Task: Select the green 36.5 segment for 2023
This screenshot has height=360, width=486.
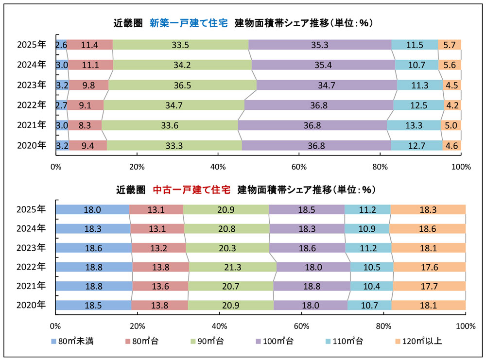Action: (x=182, y=85)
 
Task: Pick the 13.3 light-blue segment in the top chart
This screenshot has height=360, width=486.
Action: (x=414, y=125)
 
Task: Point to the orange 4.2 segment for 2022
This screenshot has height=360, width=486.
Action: (x=452, y=105)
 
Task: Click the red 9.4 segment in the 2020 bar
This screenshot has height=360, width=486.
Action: (x=87, y=145)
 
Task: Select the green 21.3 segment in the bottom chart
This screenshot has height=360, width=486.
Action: (x=232, y=267)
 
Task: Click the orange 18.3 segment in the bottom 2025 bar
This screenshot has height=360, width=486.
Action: (x=428, y=209)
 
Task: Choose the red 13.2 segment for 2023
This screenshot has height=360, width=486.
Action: (x=158, y=248)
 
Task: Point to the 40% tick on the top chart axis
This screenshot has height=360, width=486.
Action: (x=218, y=167)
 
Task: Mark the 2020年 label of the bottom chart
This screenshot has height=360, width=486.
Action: (x=31, y=306)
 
